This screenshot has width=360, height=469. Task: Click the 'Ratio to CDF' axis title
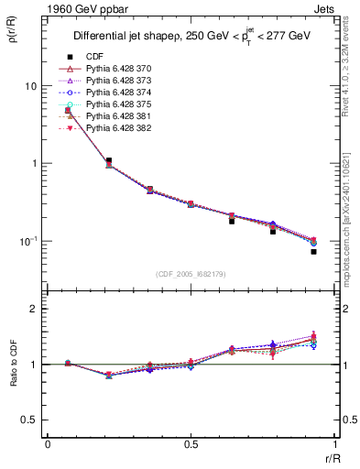[x=13, y=376]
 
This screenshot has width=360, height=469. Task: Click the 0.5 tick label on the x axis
[x=191, y=445]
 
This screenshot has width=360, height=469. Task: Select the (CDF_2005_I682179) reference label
[x=190, y=274]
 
